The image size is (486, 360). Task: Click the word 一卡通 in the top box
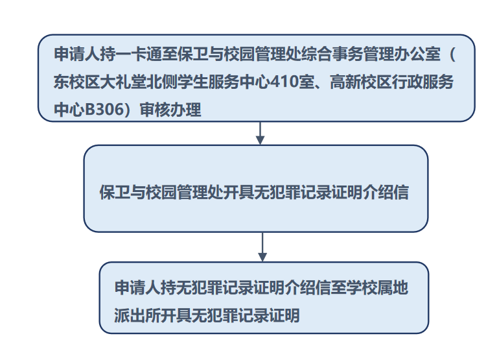(139, 54)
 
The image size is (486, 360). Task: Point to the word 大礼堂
(122, 82)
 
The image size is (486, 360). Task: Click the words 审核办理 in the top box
(170, 110)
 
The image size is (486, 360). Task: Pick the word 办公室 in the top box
(417, 54)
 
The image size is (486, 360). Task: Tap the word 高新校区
(360, 82)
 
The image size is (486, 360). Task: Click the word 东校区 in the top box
(76, 82)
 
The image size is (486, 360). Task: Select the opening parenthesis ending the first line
(452, 54)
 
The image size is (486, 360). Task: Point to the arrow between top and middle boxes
(260, 133)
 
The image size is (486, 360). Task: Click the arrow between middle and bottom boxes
(262, 247)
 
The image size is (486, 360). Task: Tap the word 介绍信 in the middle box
(386, 192)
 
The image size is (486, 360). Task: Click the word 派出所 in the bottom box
(137, 315)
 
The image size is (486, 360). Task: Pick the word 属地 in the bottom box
(393, 287)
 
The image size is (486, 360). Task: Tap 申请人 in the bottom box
(137, 287)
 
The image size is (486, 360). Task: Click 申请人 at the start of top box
(77, 54)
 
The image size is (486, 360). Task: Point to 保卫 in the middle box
(115, 192)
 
